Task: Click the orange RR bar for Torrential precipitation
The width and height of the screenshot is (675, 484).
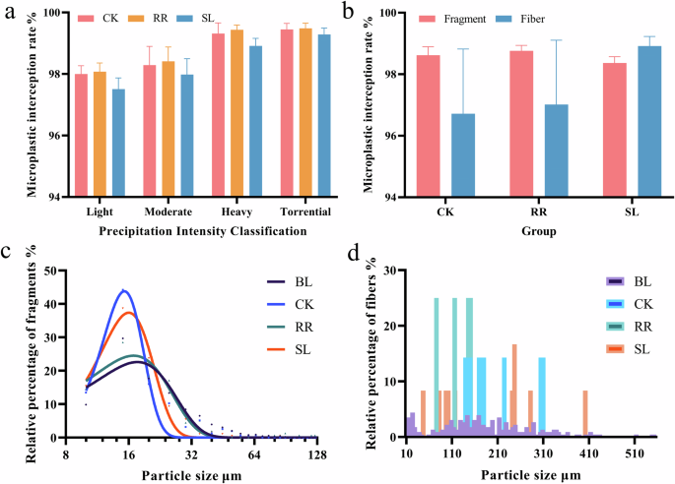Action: click(x=304, y=112)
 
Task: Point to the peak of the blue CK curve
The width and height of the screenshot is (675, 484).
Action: click(x=124, y=291)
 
